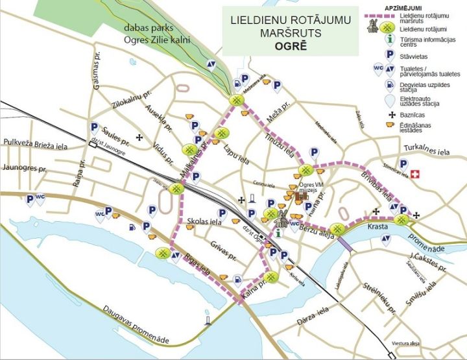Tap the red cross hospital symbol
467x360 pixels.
[415, 174]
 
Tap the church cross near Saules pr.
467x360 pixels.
[140, 137]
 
